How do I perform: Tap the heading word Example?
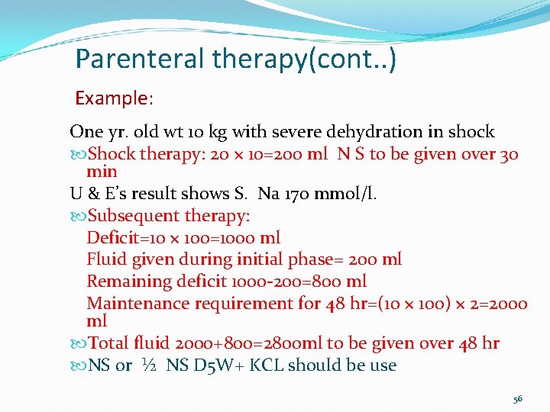114,98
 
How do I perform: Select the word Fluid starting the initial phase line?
105,259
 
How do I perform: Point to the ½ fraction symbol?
149,365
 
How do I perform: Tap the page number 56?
517,399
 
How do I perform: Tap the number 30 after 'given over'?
509,155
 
